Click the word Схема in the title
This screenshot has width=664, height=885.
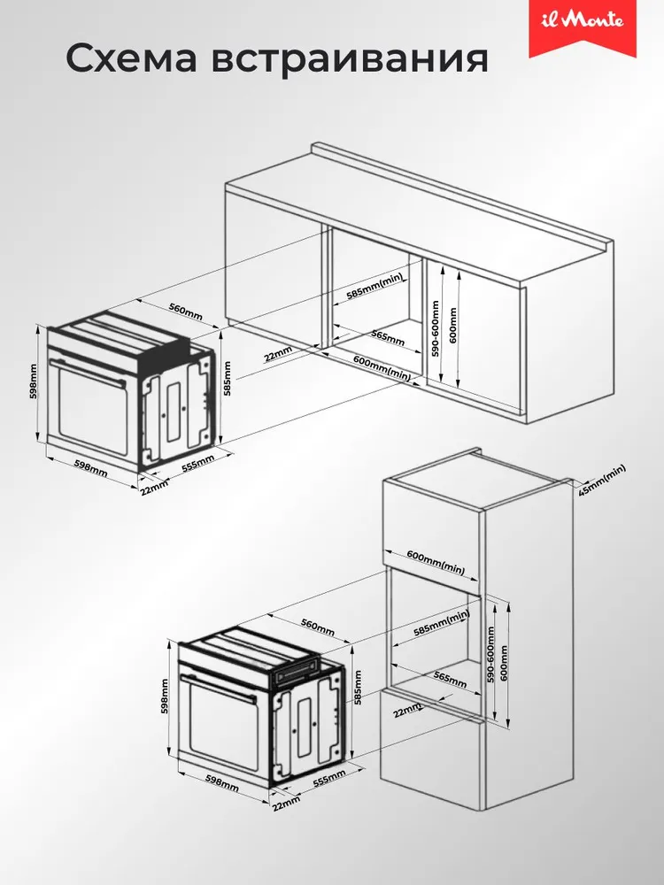pos(132,58)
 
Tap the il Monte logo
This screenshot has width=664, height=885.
pos(583,21)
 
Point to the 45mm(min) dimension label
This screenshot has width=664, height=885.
pos(602,481)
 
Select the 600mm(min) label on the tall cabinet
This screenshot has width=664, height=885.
pos(436,562)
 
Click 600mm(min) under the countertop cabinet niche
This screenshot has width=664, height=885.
pos(382,367)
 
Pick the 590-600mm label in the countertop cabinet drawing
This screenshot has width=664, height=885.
pos(435,328)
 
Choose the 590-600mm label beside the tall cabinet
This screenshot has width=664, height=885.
pos(490,655)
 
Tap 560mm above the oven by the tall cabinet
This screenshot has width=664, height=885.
pos(318,627)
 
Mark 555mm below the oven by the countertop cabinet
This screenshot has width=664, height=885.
pos(198,463)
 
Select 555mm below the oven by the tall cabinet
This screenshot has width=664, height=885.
pos(329,778)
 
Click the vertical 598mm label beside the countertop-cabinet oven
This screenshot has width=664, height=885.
pos(34,381)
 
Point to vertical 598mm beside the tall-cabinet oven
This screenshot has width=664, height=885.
pos(165,696)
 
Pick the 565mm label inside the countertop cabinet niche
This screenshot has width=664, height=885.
pos(388,337)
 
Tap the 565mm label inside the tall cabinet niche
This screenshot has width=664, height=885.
pos(450,679)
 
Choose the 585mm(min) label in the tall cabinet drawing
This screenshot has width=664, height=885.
pos(442,624)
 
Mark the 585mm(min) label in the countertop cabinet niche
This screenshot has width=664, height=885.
pos(374,286)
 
